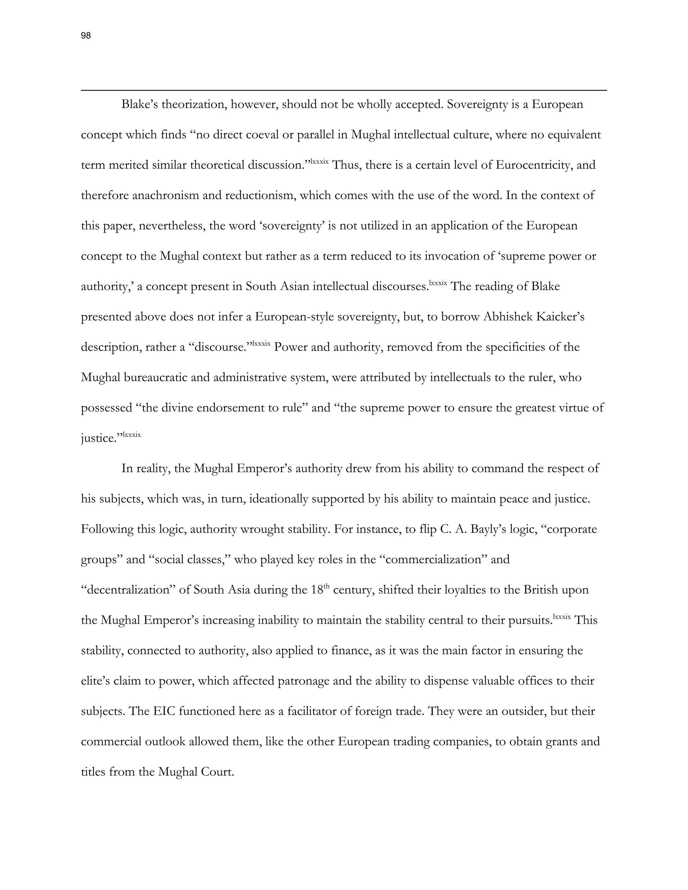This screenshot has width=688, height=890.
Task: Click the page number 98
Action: click(86, 36)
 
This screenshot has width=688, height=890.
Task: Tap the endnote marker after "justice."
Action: click(132, 435)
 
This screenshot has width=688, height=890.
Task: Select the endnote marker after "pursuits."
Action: click(562, 617)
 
